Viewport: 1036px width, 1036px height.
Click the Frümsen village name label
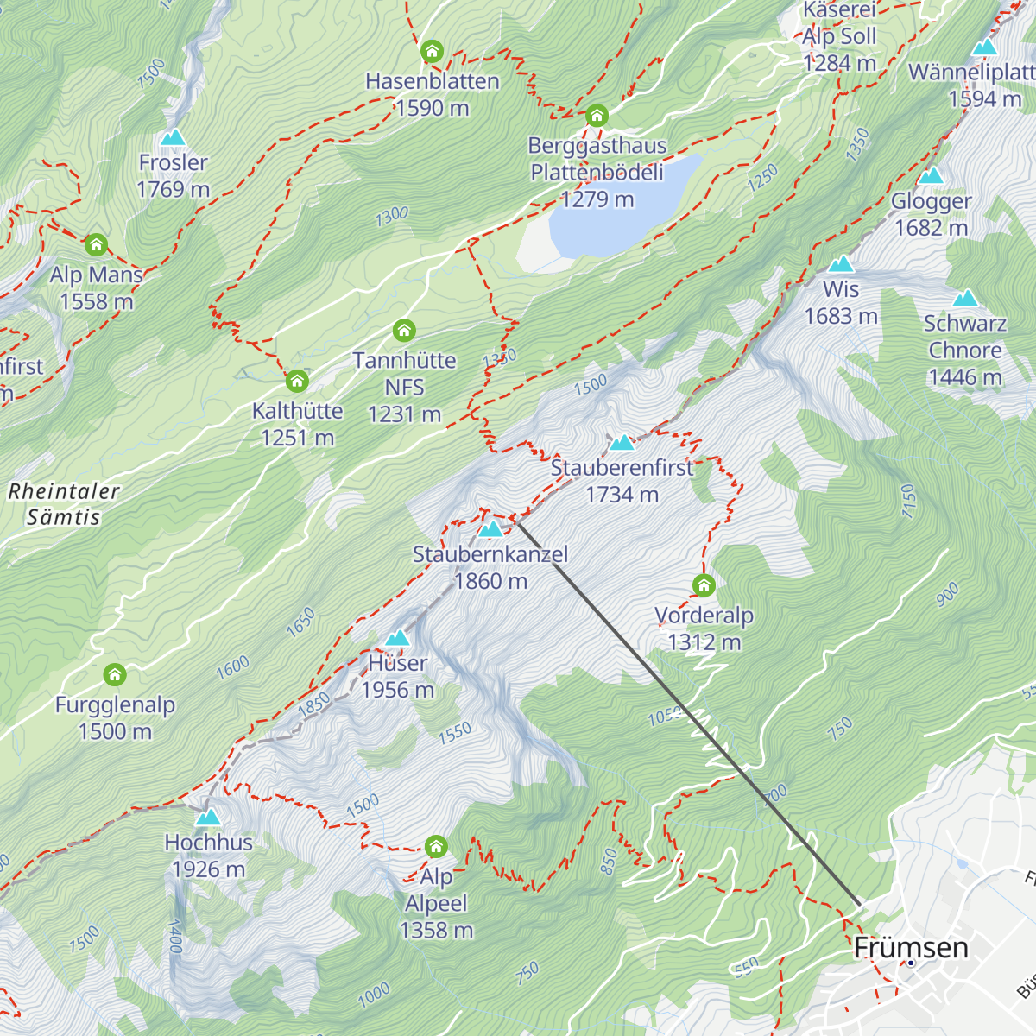coord(911,948)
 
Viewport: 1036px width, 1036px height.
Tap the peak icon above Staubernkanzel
coord(490,528)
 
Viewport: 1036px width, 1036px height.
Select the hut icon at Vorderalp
coord(704,586)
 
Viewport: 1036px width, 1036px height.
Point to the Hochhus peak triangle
coord(208,817)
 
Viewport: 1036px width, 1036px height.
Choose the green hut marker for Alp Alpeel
coord(436,846)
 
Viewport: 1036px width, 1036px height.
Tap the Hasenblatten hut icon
coord(432,52)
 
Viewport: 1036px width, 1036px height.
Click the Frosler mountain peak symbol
coord(174,137)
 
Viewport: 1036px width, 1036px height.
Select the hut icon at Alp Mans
coord(96,245)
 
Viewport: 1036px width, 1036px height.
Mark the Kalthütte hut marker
coord(297,381)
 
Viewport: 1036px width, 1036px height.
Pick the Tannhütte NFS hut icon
coord(404,330)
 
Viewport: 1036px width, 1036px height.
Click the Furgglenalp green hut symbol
coord(115,675)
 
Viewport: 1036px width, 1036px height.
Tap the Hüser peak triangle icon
coord(397,638)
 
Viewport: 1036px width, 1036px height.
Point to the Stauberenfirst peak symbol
coord(622,443)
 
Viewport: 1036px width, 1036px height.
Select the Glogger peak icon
coord(931,176)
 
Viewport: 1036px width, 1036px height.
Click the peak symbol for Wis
coord(841,263)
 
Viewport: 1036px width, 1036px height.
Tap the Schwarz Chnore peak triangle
coord(965,298)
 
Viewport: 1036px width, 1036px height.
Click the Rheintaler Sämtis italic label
coord(64,504)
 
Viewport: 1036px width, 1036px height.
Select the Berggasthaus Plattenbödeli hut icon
coord(597,116)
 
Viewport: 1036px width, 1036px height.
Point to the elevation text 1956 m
coord(397,690)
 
